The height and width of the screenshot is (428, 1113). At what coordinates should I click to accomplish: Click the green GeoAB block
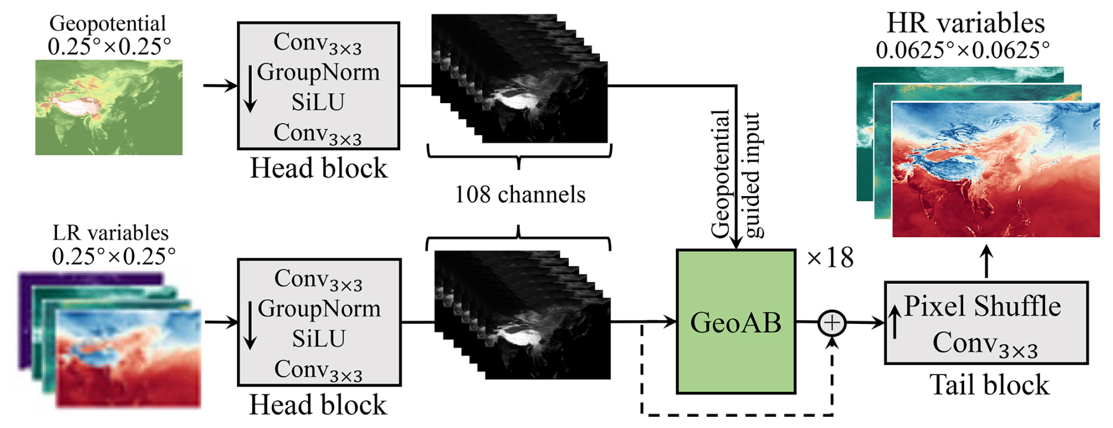tap(735, 321)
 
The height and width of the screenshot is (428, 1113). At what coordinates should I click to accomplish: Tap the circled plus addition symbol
tap(831, 323)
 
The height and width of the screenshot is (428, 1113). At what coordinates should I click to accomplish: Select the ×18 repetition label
tap(829, 258)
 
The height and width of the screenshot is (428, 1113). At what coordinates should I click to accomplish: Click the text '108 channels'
tap(520, 195)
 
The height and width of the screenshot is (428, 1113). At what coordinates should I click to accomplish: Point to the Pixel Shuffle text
tap(982, 306)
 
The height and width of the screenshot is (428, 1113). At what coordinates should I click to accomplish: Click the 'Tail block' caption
tap(989, 385)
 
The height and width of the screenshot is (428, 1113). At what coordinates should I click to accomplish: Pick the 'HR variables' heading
tap(965, 24)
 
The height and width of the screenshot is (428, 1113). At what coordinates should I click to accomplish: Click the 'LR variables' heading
tap(111, 233)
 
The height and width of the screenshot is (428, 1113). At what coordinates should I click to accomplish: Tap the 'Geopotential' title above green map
tap(108, 24)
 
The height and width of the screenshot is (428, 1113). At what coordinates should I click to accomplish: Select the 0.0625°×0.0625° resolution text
tap(962, 51)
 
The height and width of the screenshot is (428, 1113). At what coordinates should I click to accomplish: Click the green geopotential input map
tap(109, 107)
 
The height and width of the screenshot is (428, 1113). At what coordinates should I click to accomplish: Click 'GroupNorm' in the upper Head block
tap(318, 72)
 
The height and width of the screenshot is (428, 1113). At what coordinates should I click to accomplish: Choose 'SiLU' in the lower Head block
tap(318, 339)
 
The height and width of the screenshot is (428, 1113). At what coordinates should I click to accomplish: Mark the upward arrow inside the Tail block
tap(895, 321)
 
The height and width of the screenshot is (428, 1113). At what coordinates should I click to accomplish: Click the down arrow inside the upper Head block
tap(250, 88)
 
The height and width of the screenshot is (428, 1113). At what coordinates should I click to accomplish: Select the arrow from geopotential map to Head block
tap(220, 86)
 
